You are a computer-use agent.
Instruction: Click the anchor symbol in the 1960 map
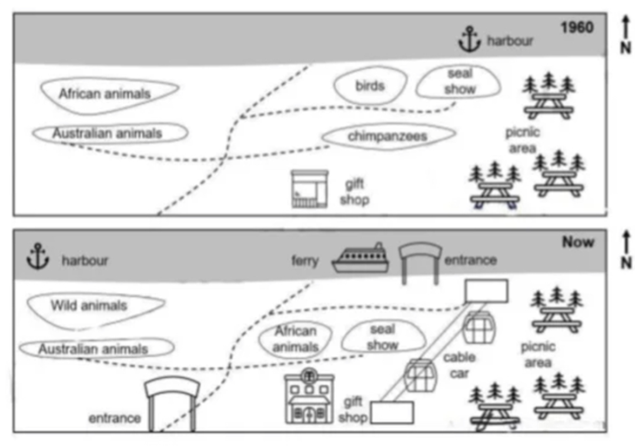pyautogui.click(x=469, y=40)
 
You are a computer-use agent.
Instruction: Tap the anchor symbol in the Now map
pyautogui.click(x=38, y=257)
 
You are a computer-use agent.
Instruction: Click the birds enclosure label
pyautogui.click(x=370, y=86)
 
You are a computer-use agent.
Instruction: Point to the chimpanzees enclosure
pyautogui.click(x=388, y=136)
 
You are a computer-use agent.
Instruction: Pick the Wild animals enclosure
pyautogui.click(x=89, y=306)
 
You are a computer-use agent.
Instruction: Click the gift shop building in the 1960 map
pyautogui.click(x=310, y=189)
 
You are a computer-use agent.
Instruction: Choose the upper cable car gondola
pyautogui.click(x=476, y=327)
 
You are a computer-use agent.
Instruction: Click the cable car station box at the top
pyautogui.click(x=486, y=290)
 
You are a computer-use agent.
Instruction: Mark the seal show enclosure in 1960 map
pyautogui.click(x=459, y=82)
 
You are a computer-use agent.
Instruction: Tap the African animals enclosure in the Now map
pyautogui.click(x=295, y=339)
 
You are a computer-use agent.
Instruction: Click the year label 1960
pyautogui.click(x=577, y=28)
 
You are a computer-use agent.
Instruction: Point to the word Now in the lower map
pyautogui.click(x=578, y=242)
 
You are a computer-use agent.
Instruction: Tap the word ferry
pyautogui.click(x=305, y=260)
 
